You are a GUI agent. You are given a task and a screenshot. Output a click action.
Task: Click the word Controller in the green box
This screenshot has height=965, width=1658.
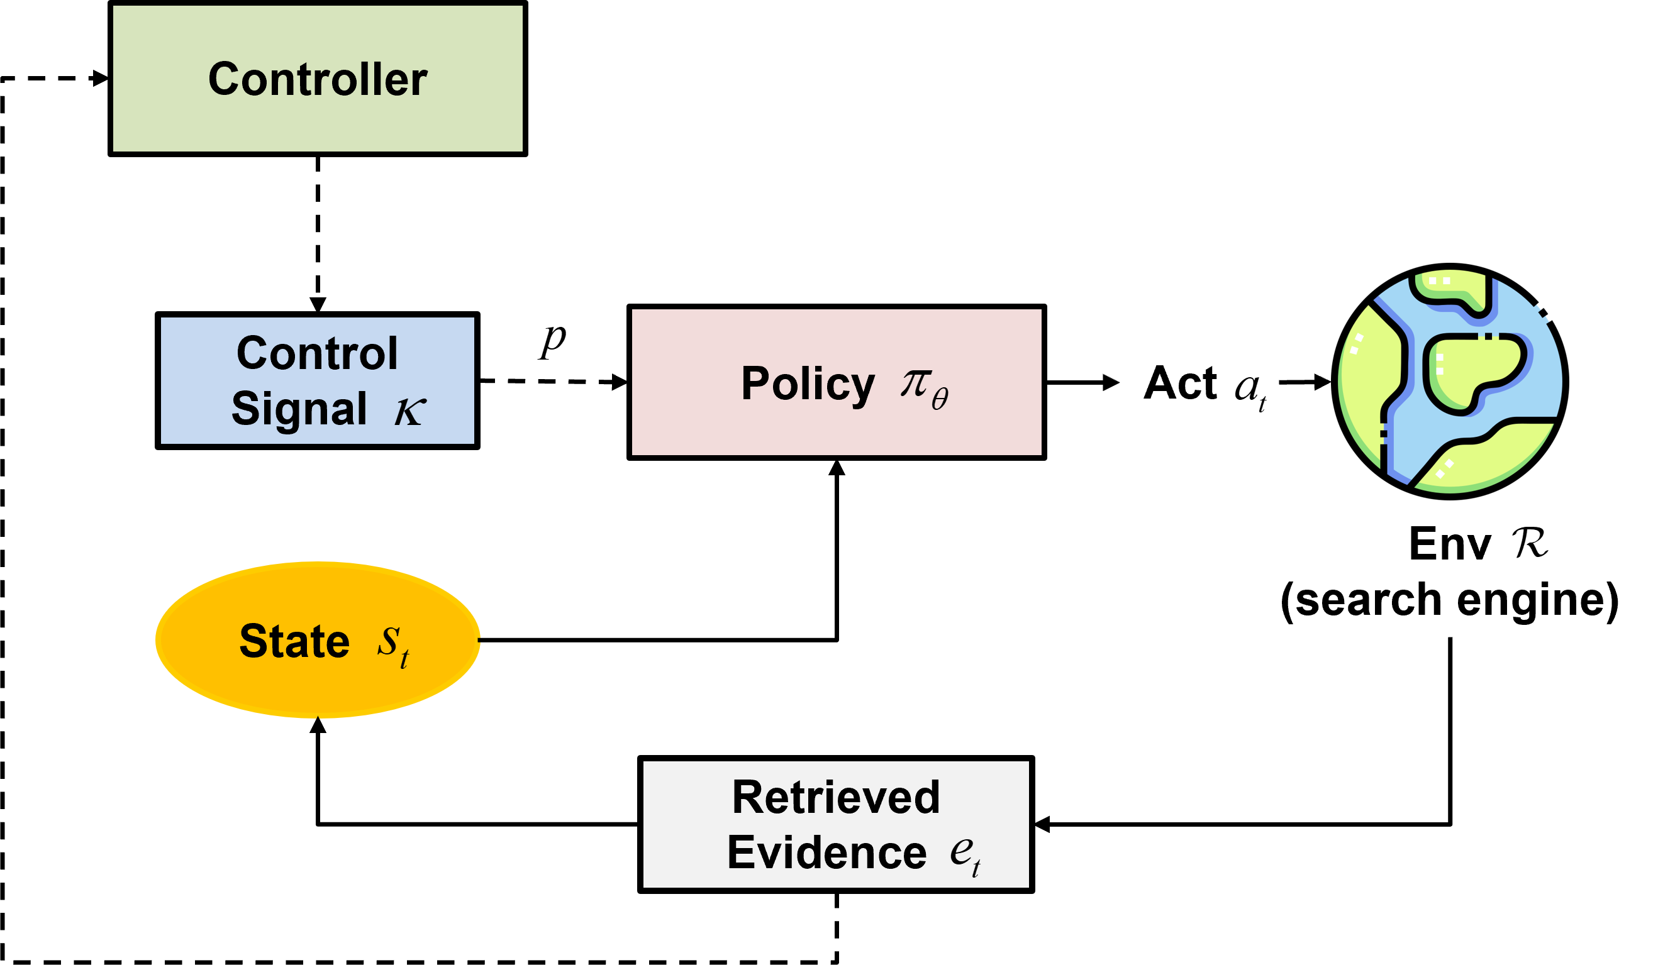317,79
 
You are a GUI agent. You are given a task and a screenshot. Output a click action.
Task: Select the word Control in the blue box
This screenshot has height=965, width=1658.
317,353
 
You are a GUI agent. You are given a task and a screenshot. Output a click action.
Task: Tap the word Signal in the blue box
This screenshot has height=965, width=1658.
299,409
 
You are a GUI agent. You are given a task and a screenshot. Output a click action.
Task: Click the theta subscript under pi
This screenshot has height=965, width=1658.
940,399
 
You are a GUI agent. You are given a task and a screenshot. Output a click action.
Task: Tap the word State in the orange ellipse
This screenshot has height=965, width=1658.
294,641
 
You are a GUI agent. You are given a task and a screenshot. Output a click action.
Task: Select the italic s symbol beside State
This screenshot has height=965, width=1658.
388,639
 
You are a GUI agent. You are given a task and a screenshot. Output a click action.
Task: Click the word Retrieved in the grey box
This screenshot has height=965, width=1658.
835,797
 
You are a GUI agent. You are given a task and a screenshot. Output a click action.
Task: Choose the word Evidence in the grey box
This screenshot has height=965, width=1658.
826,852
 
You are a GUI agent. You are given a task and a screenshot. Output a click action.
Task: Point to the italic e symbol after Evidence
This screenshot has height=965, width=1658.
960,851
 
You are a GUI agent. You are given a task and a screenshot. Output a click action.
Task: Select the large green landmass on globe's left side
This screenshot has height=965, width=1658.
1366,382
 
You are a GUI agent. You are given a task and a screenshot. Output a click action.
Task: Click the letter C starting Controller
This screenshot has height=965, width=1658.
223,79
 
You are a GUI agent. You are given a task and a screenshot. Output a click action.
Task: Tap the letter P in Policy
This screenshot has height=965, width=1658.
755,383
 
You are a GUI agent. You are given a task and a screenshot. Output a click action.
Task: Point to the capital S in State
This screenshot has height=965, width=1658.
253,641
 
